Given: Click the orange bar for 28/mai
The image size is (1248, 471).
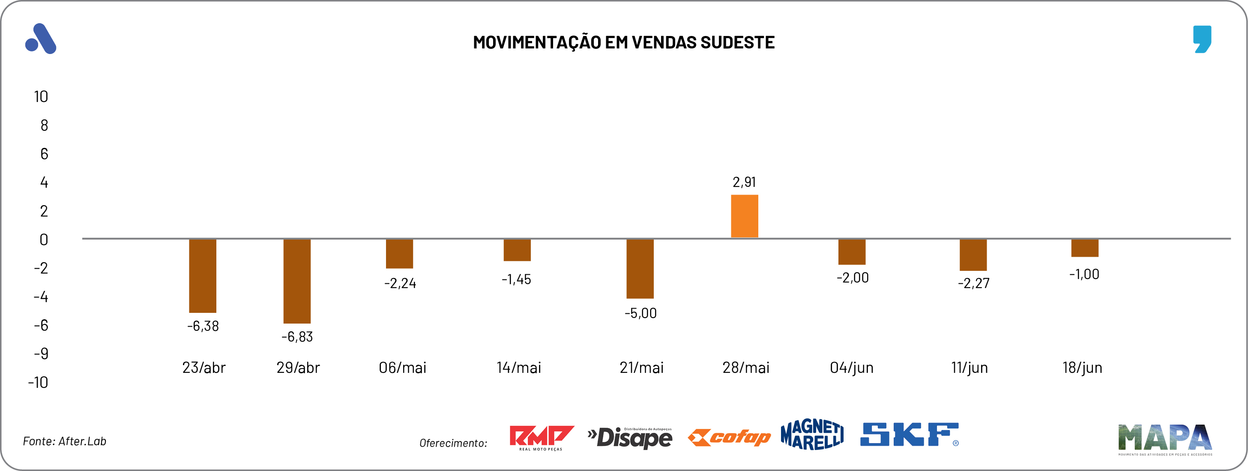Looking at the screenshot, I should point(744,216).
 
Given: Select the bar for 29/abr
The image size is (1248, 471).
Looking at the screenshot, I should point(297,281).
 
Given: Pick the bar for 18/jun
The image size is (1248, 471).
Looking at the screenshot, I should point(1084,248).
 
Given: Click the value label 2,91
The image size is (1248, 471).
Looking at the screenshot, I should point(744,182).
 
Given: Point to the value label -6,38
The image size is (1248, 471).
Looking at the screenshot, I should point(203,326).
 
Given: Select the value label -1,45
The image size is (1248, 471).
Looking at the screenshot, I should point(516,279).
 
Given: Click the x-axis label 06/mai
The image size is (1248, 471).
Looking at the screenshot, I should point(402,368).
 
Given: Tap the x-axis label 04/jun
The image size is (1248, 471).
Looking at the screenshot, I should point(851,368).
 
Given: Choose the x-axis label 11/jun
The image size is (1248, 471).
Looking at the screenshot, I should point(969,368).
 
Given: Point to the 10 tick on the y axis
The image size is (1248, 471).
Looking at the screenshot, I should point(41,97).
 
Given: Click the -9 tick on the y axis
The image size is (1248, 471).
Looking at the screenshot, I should point(41,354).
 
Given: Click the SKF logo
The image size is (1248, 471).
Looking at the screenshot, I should point(909,435).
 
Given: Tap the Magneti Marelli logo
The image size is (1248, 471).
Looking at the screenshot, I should point(811,435).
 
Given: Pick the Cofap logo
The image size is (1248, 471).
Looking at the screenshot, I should point(729,438).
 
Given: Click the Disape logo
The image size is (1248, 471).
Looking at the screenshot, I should point(630,438).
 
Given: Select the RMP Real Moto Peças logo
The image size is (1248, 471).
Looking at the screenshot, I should point(541,438).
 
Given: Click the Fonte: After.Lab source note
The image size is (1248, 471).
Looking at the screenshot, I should point(64,441).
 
